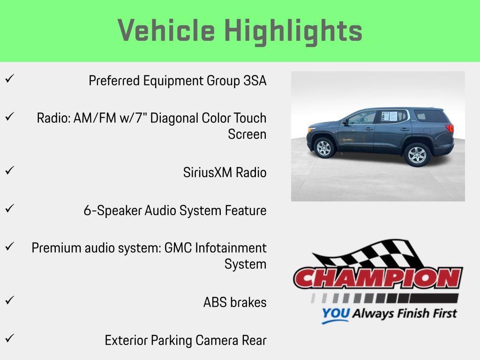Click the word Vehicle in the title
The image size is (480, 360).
pyautogui.click(x=166, y=30)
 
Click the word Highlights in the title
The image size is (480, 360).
pyautogui.click(x=293, y=31)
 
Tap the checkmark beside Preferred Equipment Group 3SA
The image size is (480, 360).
pyautogui.click(x=9, y=79)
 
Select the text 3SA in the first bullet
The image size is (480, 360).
pyautogui.click(x=255, y=81)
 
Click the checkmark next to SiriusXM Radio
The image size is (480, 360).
pyautogui.click(x=9, y=171)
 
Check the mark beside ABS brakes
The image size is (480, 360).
pyautogui.click(x=9, y=300)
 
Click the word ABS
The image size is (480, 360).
pyautogui.click(x=214, y=302)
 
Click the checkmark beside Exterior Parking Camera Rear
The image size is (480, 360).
pyautogui.click(x=9, y=337)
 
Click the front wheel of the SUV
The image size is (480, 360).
pyautogui.click(x=324, y=148)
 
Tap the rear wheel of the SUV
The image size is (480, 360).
pyautogui.click(x=417, y=155)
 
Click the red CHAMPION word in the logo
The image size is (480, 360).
pyautogui.click(x=378, y=278)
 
